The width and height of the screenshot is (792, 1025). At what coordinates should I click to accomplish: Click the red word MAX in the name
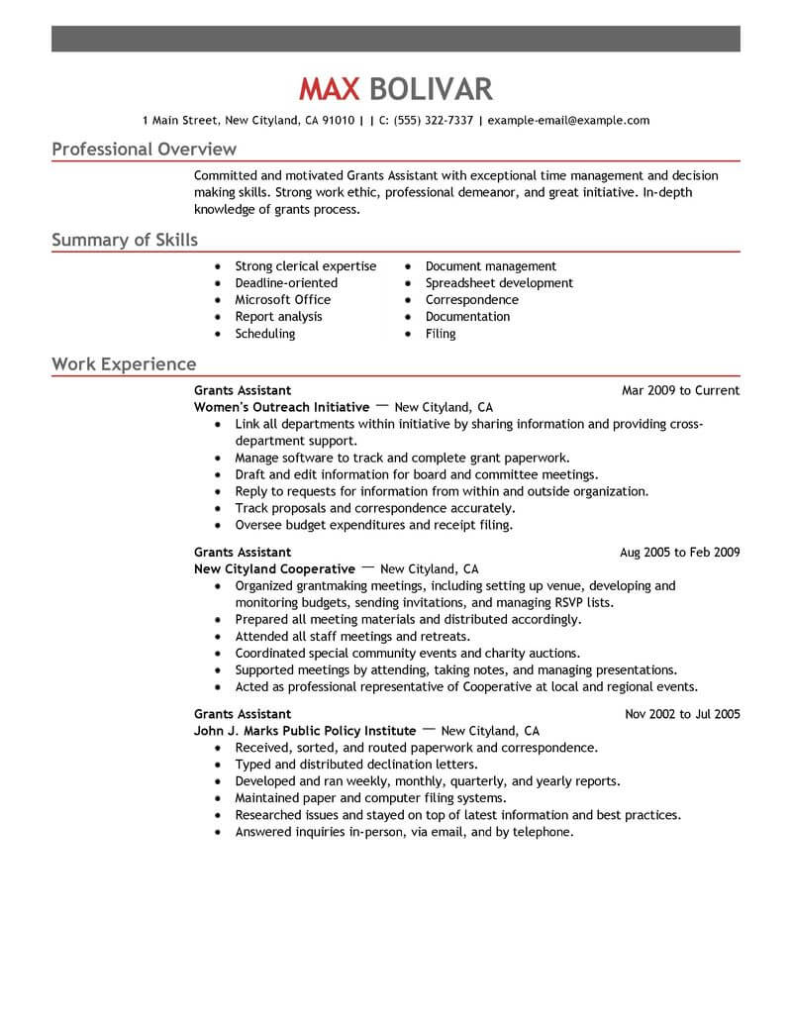click(331, 90)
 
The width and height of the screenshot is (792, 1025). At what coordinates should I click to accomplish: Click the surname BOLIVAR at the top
click(431, 90)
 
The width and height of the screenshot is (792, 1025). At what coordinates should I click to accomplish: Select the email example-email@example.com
click(569, 121)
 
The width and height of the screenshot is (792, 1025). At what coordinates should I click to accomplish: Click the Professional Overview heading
click(144, 150)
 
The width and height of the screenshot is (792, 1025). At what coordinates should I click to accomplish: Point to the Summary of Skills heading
click(125, 240)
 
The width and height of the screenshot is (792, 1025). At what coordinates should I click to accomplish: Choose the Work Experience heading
click(124, 364)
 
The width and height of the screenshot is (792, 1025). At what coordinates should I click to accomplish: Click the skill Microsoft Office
click(282, 300)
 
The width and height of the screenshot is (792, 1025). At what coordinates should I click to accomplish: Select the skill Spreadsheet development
click(499, 283)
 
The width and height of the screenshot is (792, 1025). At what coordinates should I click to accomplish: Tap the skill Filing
click(441, 334)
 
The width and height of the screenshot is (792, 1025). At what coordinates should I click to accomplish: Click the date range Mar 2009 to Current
click(680, 390)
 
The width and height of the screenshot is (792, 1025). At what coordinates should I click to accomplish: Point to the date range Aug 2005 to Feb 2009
click(679, 553)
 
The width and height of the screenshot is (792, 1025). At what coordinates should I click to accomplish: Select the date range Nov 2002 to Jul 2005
click(682, 714)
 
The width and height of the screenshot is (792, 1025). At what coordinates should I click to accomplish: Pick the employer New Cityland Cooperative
click(274, 569)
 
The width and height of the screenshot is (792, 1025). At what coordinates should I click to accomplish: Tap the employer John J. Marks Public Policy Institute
click(305, 731)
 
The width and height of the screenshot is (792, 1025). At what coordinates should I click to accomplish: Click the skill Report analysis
click(278, 317)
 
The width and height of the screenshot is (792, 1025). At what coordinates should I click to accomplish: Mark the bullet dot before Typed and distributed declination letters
click(218, 766)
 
